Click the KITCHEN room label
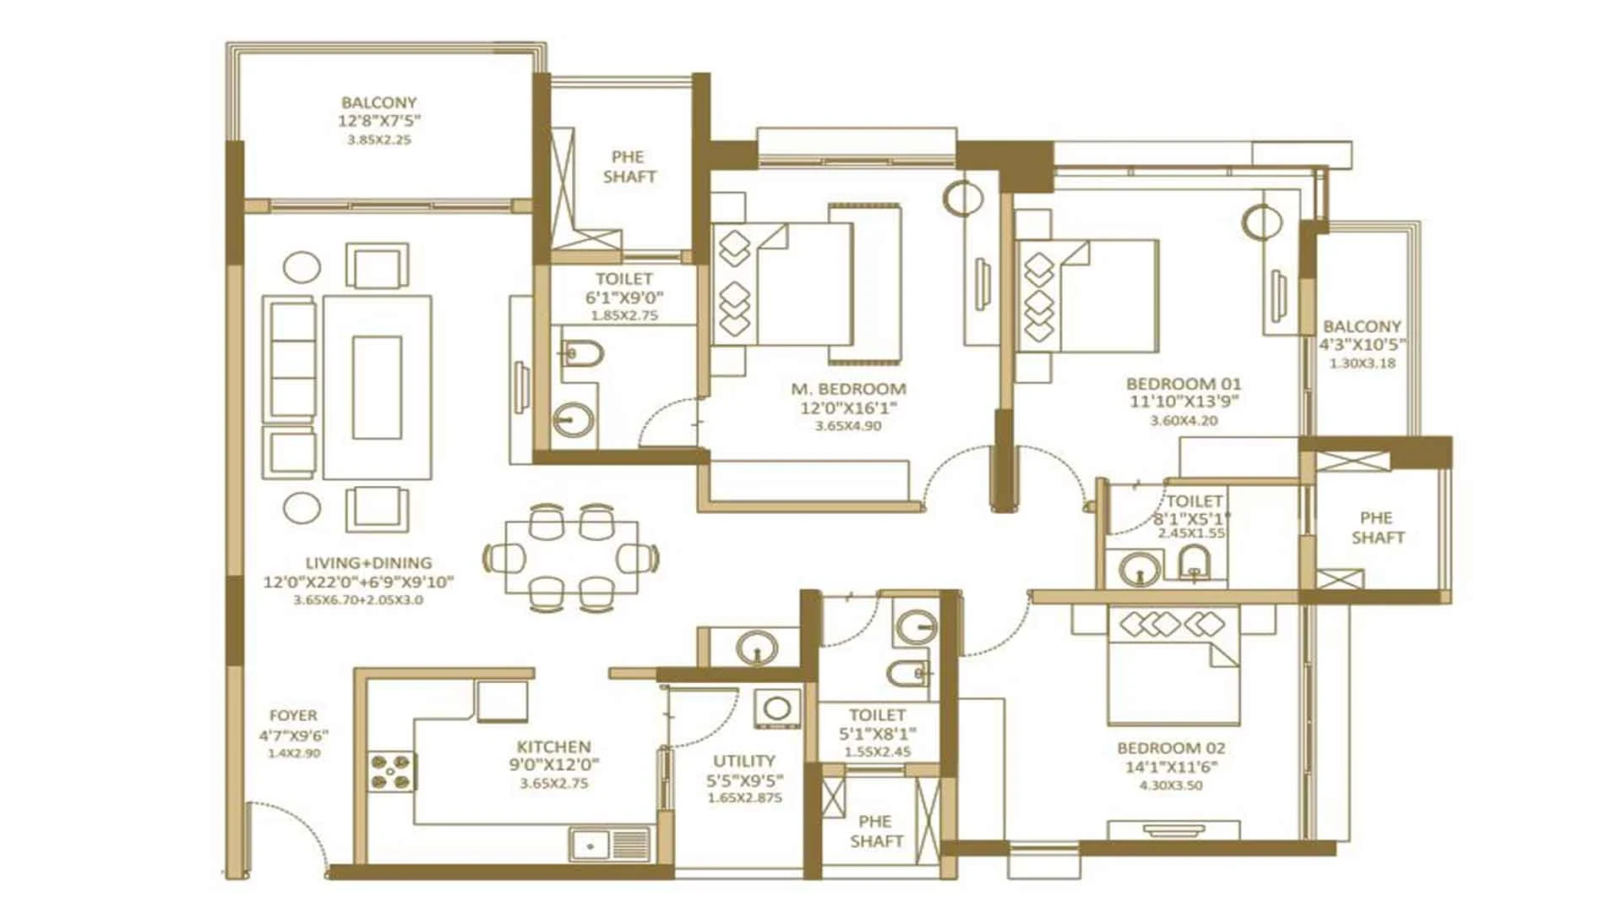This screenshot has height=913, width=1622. (553, 747)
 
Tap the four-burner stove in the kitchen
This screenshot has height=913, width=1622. (392, 772)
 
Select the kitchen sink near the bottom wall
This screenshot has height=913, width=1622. (610, 844)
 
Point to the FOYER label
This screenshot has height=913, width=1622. (294, 715)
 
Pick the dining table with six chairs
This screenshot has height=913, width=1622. (572, 557)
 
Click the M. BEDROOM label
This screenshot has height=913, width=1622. (848, 390)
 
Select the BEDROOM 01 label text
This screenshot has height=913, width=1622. (1184, 384)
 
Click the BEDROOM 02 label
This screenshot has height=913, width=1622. (1171, 748)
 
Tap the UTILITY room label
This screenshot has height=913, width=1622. (744, 761)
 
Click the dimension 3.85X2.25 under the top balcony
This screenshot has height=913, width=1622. (379, 139)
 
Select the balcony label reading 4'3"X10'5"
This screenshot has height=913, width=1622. (1362, 345)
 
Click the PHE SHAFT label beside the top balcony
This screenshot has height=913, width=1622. (629, 167)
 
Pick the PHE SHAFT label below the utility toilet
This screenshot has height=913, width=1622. (876, 831)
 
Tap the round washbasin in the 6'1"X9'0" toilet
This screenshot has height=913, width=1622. (574, 418)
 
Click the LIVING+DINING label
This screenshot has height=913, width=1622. (368, 563)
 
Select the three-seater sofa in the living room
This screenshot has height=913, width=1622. (291, 359)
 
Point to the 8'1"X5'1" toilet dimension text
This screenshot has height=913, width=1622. (1192, 518)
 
